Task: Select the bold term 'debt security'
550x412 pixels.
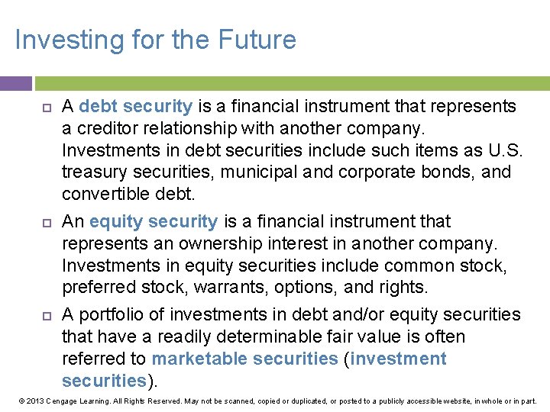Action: (x=135, y=106)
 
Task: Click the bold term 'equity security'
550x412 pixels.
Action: (x=154, y=221)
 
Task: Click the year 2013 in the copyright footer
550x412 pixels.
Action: (x=34, y=401)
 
